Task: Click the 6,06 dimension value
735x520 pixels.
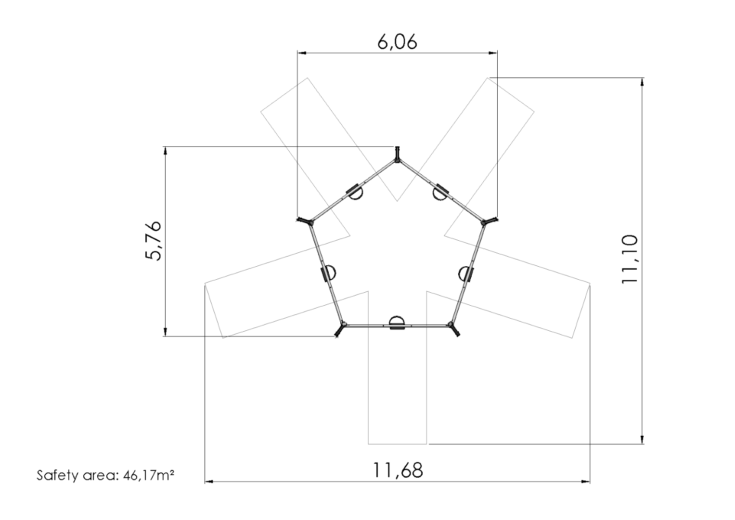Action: (397, 42)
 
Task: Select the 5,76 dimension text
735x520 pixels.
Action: (154, 241)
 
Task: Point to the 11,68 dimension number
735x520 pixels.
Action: (398, 470)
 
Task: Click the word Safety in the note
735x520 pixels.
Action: (58, 475)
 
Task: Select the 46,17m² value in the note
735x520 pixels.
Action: (148, 475)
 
